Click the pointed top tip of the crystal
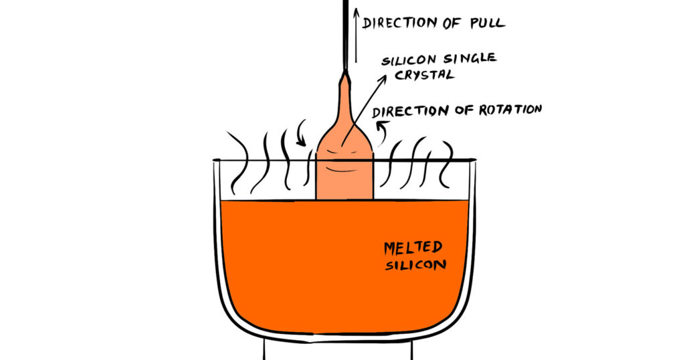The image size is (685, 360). (345, 76)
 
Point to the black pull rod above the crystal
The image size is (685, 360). (345, 33)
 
